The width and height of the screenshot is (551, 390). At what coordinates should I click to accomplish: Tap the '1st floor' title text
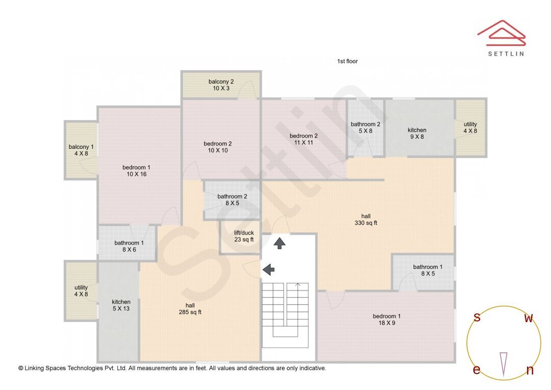tap(347, 61)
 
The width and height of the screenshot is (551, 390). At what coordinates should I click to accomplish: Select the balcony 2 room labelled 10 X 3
tap(221, 85)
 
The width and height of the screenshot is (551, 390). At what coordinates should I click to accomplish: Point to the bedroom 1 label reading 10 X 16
tap(136, 171)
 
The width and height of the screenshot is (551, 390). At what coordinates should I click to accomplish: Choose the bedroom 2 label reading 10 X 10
tap(217, 147)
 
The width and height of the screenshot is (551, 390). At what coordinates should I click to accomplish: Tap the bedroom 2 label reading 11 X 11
tap(304, 139)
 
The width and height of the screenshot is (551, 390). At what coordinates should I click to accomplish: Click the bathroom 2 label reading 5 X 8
tap(365, 127)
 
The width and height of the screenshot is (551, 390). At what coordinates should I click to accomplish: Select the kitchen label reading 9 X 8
tap(417, 133)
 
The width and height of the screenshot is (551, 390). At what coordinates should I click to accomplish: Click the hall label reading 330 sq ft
tap(366, 220)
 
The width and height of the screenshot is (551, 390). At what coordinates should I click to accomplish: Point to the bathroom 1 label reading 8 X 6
tap(129, 246)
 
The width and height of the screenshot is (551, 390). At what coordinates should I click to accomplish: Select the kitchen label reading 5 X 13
tap(121, 305)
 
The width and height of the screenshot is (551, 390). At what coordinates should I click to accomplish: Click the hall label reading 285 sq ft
tap(190, 309)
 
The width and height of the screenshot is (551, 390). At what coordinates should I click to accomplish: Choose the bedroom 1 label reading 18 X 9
tap(386, 320)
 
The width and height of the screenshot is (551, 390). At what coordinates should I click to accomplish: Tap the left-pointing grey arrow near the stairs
tap(268, 269)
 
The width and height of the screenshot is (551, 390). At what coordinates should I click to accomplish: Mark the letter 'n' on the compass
tap(530, 371)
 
